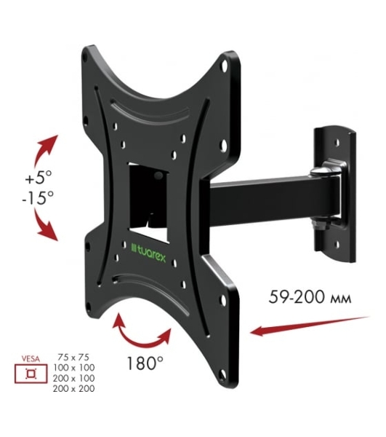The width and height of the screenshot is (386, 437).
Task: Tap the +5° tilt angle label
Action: (x=39, y=177)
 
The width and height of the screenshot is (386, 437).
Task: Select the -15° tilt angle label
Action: (x=38, y=197)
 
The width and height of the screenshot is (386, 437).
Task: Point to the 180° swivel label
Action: (x=145, y=363)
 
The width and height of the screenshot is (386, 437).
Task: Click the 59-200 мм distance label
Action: (x=310, y=297)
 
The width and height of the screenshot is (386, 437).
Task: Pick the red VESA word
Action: (x=31, y=359)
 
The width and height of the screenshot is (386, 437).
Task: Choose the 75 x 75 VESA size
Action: (x=73, y=357)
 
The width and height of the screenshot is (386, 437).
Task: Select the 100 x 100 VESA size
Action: (x=74, y=368)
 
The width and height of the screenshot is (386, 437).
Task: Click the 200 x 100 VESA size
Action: (x=74, y=378)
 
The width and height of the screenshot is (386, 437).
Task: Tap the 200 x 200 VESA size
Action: (x=74, y=388)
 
